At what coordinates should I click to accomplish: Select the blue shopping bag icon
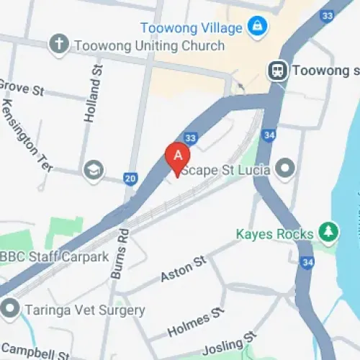[x=255, y=27]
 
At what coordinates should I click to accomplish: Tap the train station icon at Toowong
[x=276, y=71]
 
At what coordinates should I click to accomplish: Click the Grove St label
[x=22, y=90]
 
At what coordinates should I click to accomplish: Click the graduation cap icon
[x=94, y=171]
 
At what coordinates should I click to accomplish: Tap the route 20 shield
[x=130, y=178]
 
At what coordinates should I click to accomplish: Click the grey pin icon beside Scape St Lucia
[x=286, y=169]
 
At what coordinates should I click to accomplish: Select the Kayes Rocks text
[x=275, y=234]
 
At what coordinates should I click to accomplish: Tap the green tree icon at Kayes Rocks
[x=328, y=233]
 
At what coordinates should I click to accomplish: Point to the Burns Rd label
[x=119, y=253]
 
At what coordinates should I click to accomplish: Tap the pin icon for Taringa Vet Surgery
[x=11, y=310]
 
